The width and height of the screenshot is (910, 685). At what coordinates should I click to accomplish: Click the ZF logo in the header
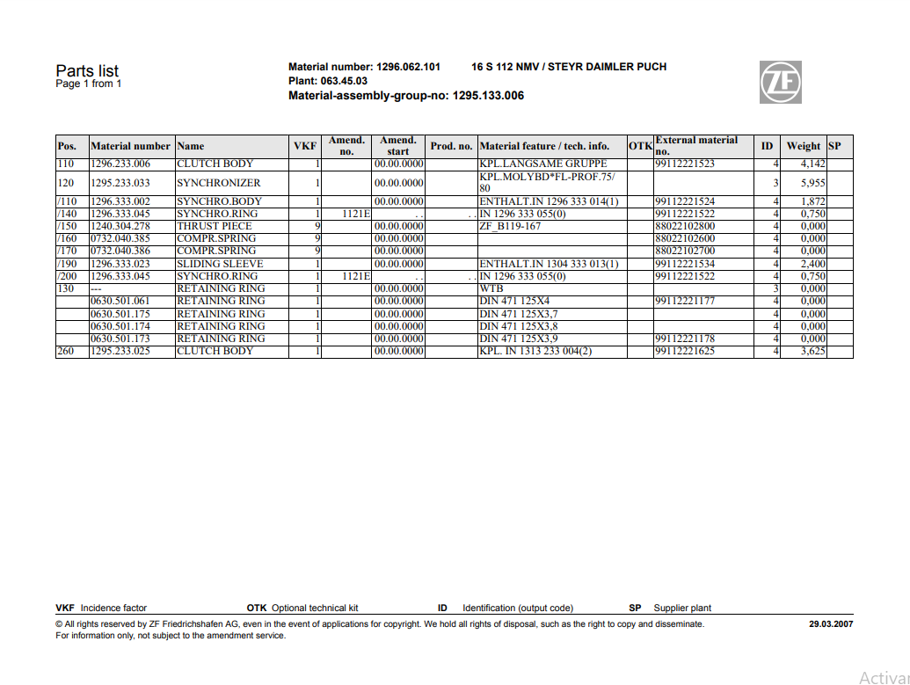point(780,83)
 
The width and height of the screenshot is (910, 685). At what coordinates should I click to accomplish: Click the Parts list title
point(87,71)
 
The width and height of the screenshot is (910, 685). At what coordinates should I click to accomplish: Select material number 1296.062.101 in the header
point(408,67)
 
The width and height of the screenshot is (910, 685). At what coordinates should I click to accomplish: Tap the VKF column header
point(304,146)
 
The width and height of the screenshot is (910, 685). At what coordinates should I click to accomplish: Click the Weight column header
point(803,146)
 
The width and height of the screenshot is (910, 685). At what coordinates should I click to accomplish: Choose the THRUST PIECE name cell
point(215,226)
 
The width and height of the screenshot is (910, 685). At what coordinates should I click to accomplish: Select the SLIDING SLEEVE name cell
point(218,264)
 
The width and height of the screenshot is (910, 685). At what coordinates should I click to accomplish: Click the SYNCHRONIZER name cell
point(219,183)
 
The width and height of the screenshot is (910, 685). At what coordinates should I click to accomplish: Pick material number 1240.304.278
point(120,226)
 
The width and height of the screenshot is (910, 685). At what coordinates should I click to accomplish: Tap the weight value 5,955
point(812,183)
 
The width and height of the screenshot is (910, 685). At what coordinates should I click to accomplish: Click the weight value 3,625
point(812,352)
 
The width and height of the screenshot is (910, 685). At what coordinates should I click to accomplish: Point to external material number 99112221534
point(685,264)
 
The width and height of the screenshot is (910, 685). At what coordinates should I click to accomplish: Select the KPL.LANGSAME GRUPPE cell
point(543,164)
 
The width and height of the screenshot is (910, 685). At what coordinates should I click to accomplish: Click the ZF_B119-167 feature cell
point(510,226)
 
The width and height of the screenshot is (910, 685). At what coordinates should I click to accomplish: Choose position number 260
point(66,352)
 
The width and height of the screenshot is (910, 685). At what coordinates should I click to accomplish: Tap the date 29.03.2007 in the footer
point(830,624)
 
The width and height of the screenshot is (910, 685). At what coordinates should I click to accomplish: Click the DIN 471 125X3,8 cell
point(519,326)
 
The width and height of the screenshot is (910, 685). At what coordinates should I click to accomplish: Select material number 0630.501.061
point(120,302)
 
